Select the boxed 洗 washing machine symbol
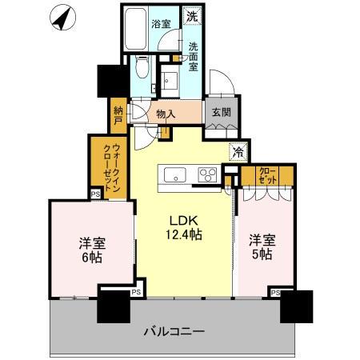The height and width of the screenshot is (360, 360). click(192, 15)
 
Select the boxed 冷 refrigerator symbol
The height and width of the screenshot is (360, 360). click(238, 149)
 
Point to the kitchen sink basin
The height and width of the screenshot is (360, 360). click(174, 174)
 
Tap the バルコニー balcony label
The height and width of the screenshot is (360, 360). click(175, 330)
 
